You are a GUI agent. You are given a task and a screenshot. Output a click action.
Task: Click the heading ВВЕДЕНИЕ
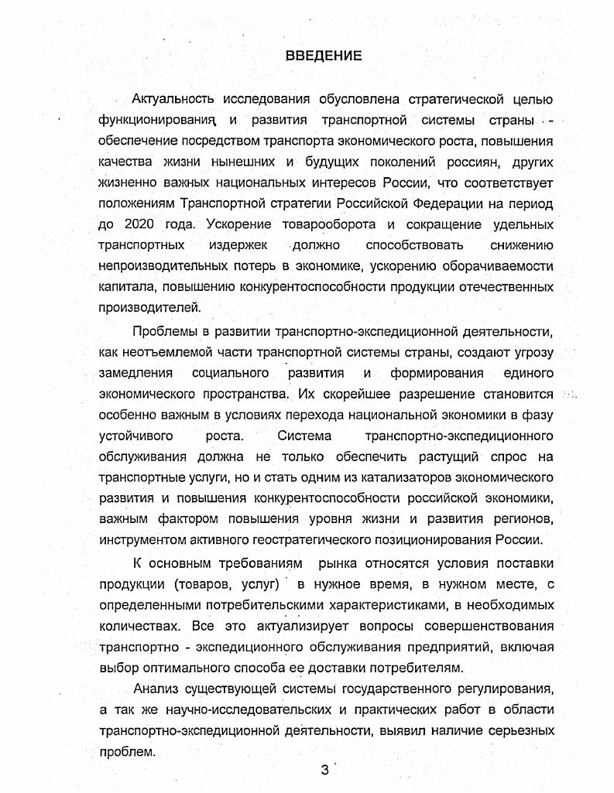click(324, 56)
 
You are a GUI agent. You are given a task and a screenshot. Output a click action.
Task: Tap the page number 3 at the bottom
click(324, 771)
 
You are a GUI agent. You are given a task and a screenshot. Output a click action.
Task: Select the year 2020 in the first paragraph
click(139, 224)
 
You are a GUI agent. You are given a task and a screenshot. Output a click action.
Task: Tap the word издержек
click(236, 245)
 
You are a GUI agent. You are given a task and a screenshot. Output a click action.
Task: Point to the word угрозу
click(528, 353)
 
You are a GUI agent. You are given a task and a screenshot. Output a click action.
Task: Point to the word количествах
click(134, 624)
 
